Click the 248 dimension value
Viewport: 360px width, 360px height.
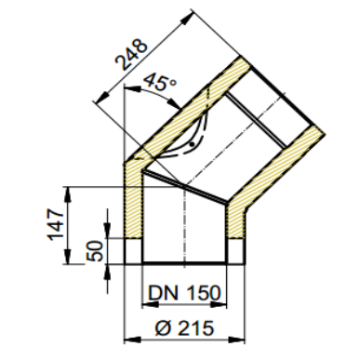pos(131,55)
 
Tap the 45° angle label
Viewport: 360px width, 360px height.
pos(160,82)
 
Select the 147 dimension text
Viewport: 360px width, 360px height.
pos(56,225)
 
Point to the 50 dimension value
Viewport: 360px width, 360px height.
pos(94,251)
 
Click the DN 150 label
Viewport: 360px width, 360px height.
pos(184,293)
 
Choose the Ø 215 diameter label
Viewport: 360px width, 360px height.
pos(184,327)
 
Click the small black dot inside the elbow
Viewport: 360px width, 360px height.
pos(193,144)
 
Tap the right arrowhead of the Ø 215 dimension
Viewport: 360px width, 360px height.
pos(237,340)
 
